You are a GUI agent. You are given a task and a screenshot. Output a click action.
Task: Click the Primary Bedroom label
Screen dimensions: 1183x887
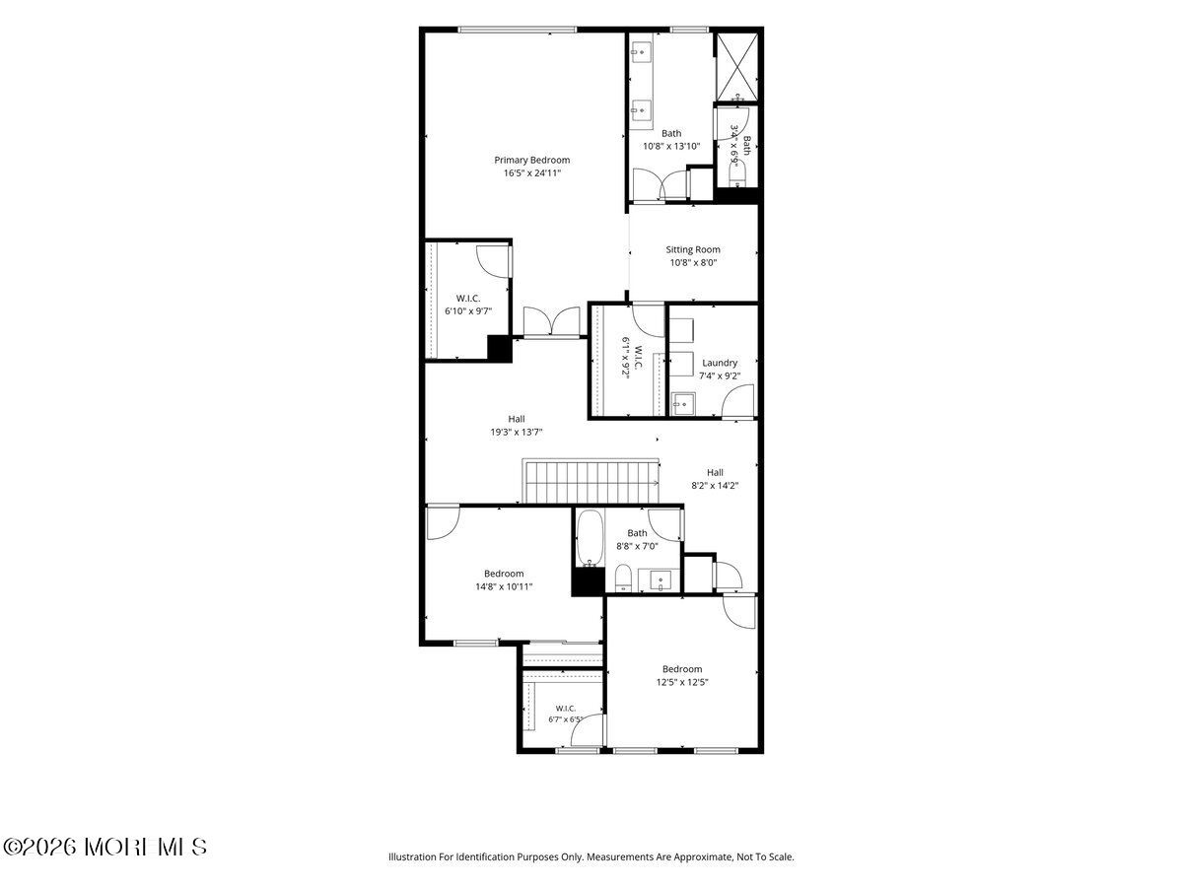tap(531, 160)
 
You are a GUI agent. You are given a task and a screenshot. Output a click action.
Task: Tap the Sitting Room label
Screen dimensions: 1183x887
tap(693, 249)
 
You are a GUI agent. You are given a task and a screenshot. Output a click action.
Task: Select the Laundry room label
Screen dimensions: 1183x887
tap(720, 363)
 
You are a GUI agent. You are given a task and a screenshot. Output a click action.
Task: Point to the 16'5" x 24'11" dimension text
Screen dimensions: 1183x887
tap(532, 172)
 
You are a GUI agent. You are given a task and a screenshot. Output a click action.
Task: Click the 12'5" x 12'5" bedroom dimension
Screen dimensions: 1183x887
tap(682, 682)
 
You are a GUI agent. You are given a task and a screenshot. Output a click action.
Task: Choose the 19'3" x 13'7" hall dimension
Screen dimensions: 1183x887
tap(516, 432)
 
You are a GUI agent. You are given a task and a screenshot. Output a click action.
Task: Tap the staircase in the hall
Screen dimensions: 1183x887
tap(591, 482)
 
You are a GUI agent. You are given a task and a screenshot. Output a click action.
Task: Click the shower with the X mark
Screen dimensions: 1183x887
tap(736, 66)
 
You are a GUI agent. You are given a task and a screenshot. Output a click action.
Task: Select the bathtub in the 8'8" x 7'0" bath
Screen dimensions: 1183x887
tap(590, 538)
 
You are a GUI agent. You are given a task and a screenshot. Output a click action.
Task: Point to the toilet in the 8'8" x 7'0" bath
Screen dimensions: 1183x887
tap(623, 578)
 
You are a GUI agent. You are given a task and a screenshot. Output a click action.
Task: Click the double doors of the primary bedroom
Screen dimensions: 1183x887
tap(551, 322)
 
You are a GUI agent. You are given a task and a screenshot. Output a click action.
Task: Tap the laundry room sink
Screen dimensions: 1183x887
tap(683, 404)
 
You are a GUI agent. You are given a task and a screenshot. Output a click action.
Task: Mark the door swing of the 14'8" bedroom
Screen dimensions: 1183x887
tap(443, 522)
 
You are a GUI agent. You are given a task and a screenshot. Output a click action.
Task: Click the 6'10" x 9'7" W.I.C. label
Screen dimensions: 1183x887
tap(468, 305)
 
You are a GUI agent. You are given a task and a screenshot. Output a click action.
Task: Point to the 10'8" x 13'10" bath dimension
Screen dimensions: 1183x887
tap(671, 146)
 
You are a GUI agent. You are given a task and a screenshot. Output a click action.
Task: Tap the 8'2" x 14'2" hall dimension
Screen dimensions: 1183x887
tap(715, 485)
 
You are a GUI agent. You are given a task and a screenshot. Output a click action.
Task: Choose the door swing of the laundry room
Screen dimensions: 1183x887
tap(738, 401)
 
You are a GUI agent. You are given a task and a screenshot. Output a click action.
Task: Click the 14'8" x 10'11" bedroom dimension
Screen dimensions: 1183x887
tap(504, 586)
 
